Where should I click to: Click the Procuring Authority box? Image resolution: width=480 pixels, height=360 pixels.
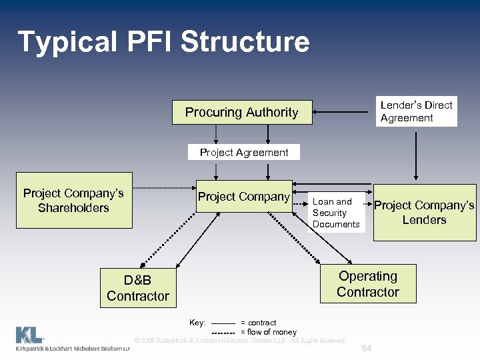[x=241, y=112]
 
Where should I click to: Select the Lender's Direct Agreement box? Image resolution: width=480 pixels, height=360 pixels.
[x=416, y=111]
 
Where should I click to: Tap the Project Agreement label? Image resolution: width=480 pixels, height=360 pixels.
[x=244, y=153]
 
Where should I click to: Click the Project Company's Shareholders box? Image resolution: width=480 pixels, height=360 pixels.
[x=73, y=201]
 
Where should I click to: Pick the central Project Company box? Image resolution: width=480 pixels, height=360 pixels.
[x=243, y=197]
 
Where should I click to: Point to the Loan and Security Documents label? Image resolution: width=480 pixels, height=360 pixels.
[x=335, y=213]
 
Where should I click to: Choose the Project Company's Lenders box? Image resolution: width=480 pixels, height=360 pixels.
[x=424, y=213]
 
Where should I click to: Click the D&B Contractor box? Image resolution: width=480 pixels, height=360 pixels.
[x=137, y=288]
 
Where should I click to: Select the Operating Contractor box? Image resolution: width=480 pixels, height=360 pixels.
[x=367, y=284]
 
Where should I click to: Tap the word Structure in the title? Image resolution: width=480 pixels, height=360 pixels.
[x=245, y=41]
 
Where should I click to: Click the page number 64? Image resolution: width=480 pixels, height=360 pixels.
[x=365, y=349]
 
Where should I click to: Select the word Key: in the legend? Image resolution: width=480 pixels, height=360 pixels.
[x=197, y=323]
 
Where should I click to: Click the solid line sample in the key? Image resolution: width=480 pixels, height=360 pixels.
[x=223, y=323]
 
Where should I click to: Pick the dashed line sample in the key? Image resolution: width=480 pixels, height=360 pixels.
[x=223, y=332]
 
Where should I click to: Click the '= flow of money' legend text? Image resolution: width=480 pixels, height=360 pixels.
[x=269, y=332]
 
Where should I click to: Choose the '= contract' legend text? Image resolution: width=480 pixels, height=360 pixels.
[x=259, y=323]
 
